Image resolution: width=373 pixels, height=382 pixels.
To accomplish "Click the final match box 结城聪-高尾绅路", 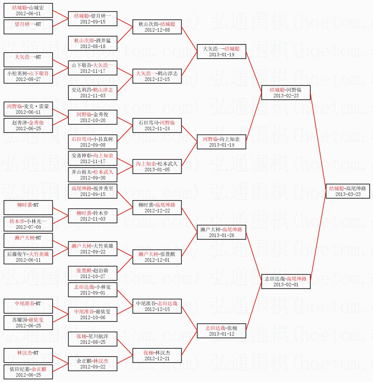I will [347, 191].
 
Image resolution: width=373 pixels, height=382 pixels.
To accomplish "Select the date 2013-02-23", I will [286, 96].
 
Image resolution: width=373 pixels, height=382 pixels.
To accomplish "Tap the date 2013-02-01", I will [286, 285].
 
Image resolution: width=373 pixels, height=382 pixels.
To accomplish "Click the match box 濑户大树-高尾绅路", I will [221, 232].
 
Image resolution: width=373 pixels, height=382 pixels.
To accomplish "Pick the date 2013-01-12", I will [221, 334].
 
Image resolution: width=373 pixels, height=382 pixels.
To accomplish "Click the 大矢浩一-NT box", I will [28, 60].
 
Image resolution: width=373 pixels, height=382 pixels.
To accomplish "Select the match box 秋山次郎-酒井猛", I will [93, 43].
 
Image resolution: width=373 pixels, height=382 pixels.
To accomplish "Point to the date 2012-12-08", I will [157, 30].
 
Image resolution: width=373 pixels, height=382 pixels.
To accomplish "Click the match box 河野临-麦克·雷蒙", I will [28, 109].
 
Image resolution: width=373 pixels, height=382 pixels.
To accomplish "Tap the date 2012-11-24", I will [157, 129].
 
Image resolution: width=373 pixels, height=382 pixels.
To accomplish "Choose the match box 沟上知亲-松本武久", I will [157, 167].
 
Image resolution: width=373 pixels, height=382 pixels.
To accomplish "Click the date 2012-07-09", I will [28, 227].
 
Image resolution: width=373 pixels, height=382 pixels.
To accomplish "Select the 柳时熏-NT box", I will [28, 208].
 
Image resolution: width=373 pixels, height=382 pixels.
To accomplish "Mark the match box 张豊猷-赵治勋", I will [93, 273].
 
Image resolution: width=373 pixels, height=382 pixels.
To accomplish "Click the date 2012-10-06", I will [93, 318].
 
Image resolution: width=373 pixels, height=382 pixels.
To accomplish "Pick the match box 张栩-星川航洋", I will [93, 339].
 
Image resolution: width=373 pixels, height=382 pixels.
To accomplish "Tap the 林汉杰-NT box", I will [28, 355].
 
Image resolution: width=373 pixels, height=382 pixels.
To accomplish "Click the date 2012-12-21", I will [157, 359].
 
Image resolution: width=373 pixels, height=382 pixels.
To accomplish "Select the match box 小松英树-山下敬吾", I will [28, 76].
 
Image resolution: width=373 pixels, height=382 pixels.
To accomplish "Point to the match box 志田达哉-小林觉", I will [93, 290].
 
